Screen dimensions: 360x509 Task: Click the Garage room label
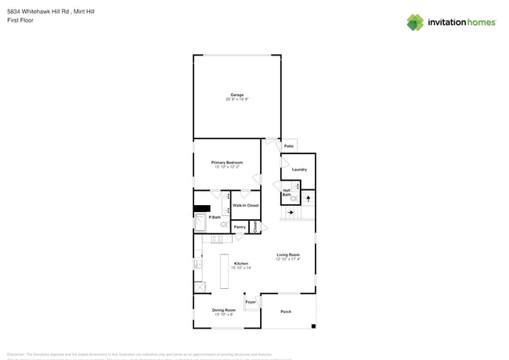[x=236, y=95]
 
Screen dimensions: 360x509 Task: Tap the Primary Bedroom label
[x=227, y=163]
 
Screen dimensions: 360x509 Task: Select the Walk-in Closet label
[x=245, y=205]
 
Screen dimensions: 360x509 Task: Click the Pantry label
[x=240, y=227]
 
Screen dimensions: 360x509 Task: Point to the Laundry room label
[x=299, y=169]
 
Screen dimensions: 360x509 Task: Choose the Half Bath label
[x=287, y=193]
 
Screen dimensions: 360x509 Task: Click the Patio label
[x=289, y=146]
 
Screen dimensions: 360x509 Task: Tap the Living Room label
[x=287, y=254]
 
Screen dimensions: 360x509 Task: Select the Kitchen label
[x=241, y=263]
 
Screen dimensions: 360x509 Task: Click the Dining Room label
[x=224, y=310]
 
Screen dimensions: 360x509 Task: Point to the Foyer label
[x=251, y=301]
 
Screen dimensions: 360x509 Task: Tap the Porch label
[x=286, y=311]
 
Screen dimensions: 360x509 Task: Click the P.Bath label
[x=215, y=217]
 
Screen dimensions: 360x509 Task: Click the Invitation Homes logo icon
[x=415, y=22]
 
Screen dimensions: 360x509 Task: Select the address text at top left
[x=51, y=12]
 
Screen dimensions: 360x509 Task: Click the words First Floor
[x=21, y=20]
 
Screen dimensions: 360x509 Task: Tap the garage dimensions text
[x=236, y=99]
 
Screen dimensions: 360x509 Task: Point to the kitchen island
[x=224, y=271]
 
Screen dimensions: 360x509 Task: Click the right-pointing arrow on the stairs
[x=291, y=212]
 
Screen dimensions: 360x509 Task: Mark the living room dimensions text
[x=287, y=259]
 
